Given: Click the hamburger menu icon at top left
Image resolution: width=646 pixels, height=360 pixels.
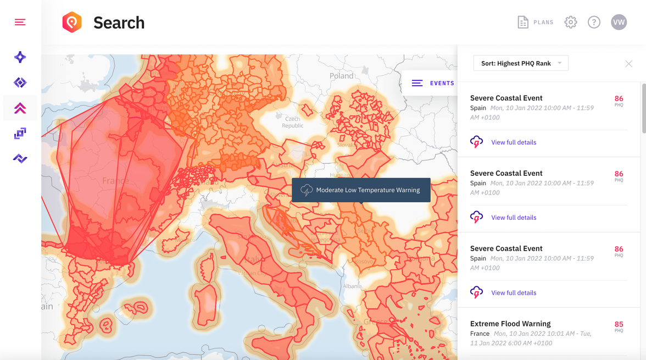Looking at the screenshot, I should coord(20,22).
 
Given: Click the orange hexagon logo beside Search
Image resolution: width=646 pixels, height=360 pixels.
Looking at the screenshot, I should coord(72,23).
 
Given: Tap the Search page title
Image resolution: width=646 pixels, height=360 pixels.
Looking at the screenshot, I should coord(119,23).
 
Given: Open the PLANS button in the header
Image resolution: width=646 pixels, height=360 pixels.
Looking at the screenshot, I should coord(536,23).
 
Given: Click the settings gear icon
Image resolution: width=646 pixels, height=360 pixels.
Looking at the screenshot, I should coord(571,23).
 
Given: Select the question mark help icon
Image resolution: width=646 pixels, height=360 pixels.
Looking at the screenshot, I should coord(594,23).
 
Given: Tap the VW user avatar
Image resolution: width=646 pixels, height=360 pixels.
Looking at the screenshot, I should coord(619,23).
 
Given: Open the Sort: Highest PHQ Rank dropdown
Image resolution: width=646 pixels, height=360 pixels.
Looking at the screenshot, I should coord(521,63).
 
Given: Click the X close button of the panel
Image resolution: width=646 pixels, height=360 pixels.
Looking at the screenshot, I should coord(628,64).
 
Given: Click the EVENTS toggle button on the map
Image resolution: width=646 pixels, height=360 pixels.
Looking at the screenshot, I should coord(433,83).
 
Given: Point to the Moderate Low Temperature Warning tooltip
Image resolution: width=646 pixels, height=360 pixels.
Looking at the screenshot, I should coord(361,190).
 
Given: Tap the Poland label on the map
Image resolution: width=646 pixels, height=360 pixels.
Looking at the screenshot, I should coord(342,76).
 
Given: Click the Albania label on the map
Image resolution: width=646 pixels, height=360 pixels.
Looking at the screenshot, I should coord(352,286).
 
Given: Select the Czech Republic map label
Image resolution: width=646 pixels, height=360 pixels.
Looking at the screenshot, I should coord(292,122).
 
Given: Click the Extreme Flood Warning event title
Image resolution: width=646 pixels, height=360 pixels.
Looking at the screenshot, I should coord(510,324).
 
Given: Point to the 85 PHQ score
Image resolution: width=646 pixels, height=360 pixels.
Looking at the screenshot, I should coord(619,325).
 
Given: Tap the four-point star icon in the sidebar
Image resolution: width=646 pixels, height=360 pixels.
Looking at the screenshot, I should coord(20,57).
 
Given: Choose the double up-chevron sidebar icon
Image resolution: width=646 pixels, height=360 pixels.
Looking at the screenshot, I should coord(20,108).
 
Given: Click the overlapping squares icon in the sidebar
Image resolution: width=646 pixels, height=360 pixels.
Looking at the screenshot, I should coord(20,133).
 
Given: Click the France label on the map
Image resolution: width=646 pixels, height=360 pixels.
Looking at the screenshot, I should coord(115,181).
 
